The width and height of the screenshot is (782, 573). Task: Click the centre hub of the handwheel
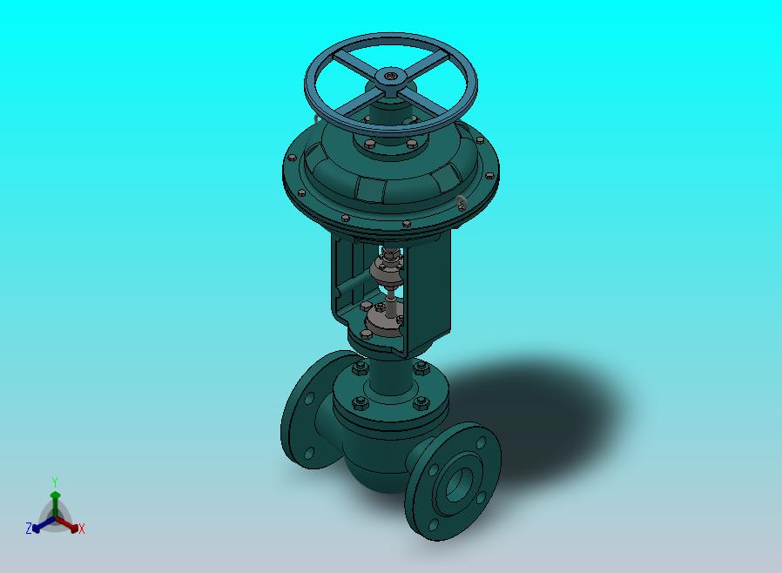coord(390,78)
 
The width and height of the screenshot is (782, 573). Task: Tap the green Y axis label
coord(55,482)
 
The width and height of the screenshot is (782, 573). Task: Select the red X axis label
coord(82,529)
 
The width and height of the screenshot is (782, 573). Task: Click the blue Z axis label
coord(29,528)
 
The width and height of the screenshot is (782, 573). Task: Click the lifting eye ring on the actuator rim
coord(462,203)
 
